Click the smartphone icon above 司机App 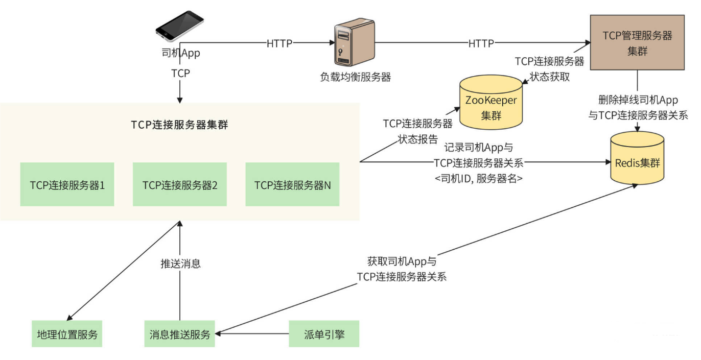179,26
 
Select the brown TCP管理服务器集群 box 637,43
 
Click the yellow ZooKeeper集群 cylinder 491,103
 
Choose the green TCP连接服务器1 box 67,184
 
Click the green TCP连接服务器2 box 180,184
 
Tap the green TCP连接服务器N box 292,184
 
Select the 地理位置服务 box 67,334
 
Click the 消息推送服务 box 180,334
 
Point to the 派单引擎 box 324,334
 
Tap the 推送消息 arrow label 180,263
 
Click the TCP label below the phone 180,74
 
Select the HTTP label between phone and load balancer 279,44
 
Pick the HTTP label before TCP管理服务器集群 481,44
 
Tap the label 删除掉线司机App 638,100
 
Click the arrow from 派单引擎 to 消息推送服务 252,334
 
